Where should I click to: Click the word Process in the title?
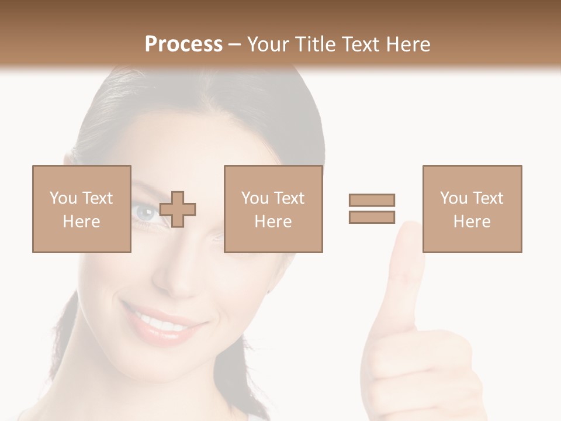(x=183, y=44)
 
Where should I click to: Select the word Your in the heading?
(x=268, y=44)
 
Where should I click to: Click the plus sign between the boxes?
(x=178, y=209)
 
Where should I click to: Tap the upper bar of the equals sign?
(x=372, y=200)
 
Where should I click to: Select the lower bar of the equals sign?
(x=372, y=217)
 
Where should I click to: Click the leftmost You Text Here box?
(x=81, y=209)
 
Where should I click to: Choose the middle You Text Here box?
(x=273, y=209)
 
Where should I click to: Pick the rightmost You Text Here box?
(x=472, y=209)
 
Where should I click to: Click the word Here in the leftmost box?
(x=81, y=222)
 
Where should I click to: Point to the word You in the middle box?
(x=255, y=198)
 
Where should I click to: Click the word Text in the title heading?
(x=360, y=44)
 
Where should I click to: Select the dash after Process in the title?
(x=235, y=44)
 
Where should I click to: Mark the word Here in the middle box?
(x=273, y=222)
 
